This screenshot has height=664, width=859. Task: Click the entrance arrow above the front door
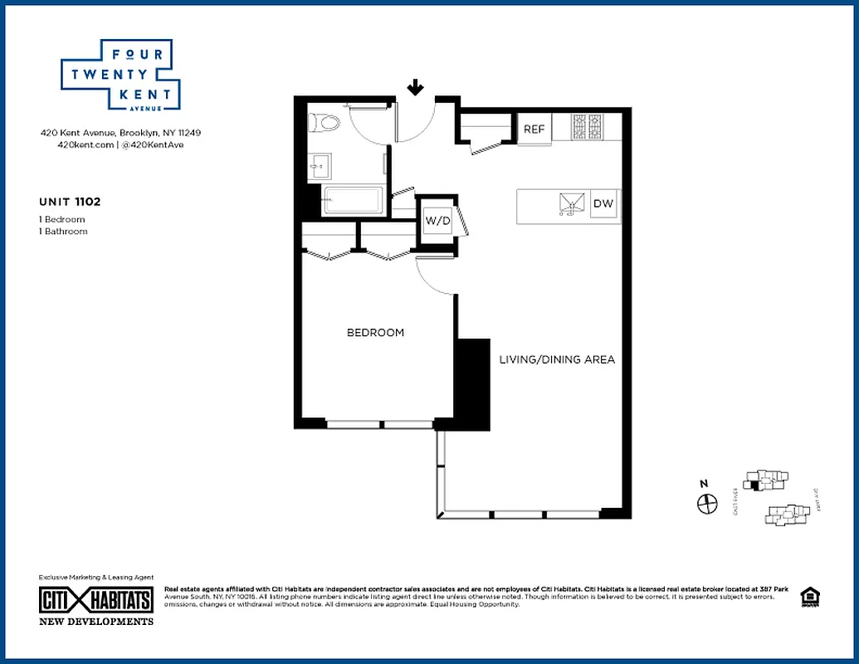[x=416, y=88]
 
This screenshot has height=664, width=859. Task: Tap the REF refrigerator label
[x=534, y=129]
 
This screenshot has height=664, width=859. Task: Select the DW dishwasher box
[x=603, y=204]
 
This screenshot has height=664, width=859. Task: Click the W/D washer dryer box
[x=437, y=221]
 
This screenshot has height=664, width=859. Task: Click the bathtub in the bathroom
[x=352, y=202]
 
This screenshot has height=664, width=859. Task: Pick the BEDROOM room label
[x=375, y=333]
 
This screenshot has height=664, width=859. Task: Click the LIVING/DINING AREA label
[x=557, y=359]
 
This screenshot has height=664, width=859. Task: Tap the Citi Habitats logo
[x=96, y=600]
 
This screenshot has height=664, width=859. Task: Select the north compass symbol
[x=706, y=502]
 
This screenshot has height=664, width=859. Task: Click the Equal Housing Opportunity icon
[x=807, y=598]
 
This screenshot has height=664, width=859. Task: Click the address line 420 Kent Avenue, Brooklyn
[x=120, y=133]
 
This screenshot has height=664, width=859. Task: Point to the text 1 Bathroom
[x=63, y=232]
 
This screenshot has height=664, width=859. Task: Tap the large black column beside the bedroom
[x=474, y=381]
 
